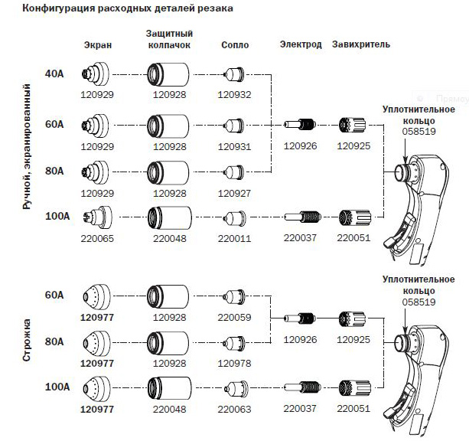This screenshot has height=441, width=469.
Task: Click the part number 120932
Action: coord(234,95)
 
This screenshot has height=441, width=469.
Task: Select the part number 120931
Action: coord(234,147)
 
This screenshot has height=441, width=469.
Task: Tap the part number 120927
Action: coord(234,194)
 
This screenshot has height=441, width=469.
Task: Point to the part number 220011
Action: coord(234,239)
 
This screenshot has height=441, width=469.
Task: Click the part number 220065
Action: coord(97,239)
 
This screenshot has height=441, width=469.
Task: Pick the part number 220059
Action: coord(234,318)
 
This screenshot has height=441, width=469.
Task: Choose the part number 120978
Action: coord(234,364)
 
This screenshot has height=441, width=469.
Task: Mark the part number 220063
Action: coord(234,410)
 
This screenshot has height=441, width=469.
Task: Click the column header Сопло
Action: coord(235,45)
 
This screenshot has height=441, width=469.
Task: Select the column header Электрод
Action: coord(301,44)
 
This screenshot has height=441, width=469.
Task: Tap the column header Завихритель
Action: coord(361,44)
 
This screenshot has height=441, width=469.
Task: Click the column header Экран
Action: coord(98,45)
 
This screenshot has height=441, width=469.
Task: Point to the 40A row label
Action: coord(54,73)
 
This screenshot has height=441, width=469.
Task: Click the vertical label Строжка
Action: coord(27,341)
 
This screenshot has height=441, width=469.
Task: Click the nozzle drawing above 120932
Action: coord(234,74)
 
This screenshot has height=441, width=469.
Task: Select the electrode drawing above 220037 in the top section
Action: coord(303,217)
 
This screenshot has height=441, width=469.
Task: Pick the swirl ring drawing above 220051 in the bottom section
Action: coord(355,387)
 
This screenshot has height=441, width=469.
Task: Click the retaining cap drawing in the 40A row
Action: coord(168,74)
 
